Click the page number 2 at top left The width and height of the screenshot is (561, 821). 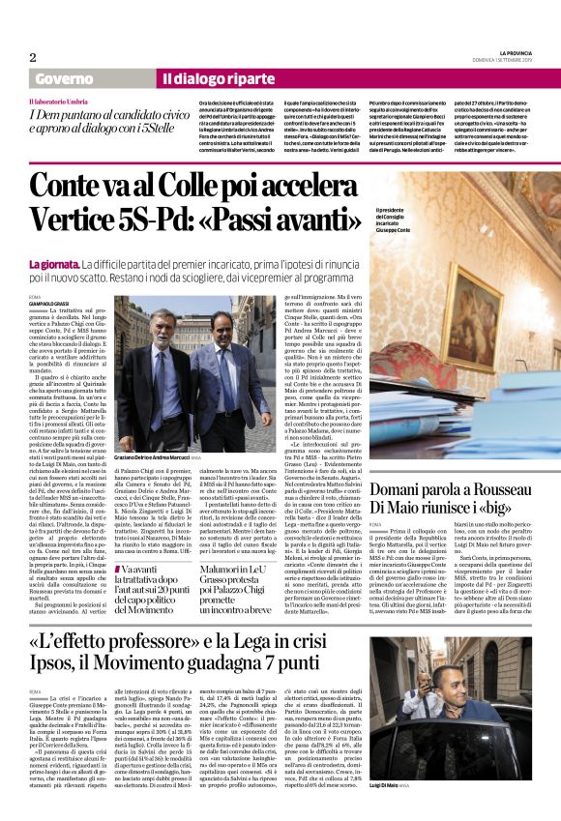(33, 56)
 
